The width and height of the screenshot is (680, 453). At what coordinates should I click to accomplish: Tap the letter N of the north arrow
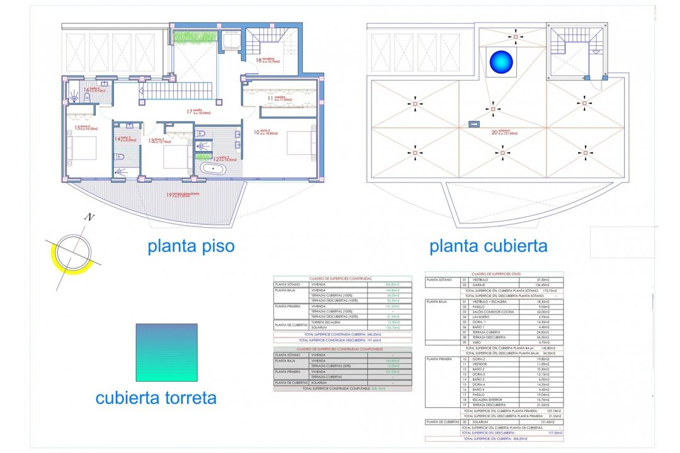coord(90,218)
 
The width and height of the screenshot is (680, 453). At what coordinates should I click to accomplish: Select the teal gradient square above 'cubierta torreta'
coord(166,352)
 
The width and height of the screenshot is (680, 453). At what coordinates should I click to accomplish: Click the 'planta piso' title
coord(191,245)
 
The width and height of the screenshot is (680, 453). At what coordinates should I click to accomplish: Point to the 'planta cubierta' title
coord(488,245)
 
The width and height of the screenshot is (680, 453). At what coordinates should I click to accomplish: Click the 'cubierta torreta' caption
coord(156,398)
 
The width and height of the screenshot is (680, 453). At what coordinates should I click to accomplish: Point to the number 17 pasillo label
coord(189,111)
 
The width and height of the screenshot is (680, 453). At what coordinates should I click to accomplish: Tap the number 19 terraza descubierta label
coord(169,195)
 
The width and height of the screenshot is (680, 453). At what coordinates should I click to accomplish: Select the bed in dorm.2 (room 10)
coord(301,142)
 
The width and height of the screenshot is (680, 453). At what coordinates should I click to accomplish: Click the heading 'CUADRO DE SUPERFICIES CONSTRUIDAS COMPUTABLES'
coord(343,349)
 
